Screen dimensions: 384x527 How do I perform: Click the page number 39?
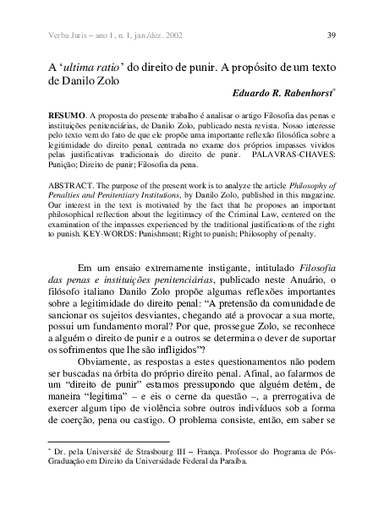click(x=332, y=35)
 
